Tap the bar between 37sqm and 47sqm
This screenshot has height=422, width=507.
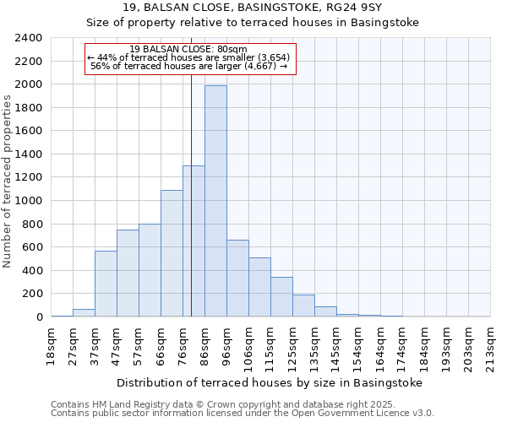(106, 284)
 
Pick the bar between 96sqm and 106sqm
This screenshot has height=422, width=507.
(237, 279)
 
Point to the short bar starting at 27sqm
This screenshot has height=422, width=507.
(84, 312)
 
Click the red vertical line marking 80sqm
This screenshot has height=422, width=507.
(192, 211)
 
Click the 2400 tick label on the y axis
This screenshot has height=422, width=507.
(29, 38)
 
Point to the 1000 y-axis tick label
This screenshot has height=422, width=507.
(29, 201)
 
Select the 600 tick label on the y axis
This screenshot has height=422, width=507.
(32, 247)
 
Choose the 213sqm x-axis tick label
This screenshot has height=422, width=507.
(491, 346)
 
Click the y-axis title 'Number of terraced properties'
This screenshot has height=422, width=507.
(8, 181)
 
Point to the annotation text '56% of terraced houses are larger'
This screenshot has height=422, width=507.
(190, 66)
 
